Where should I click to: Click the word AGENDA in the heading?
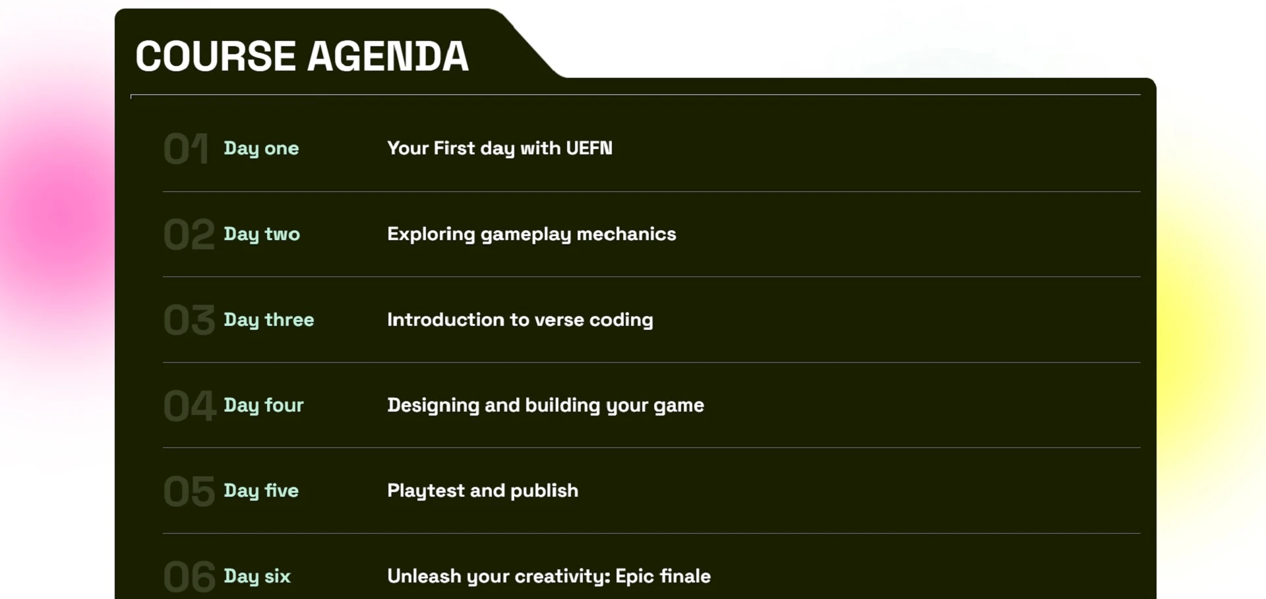tap(388, 56)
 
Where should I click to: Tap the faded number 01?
tap(187, 148)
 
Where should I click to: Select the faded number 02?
tap(189, 234)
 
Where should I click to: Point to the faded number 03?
tap(189, 320)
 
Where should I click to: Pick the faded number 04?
tap(190, 405)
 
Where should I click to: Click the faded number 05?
tap(189, 491)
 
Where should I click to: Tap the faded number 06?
tap(189, 577)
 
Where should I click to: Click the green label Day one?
tap(261, 149)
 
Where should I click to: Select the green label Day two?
tap(262, 235)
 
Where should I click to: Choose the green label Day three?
tap(269, 321)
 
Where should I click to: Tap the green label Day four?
tap(264, 406)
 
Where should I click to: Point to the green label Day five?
tap(261, 491)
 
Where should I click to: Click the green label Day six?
tap(257, 577)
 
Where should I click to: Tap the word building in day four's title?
tap(563, 406)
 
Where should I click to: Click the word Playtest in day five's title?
tap(426, 491)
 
